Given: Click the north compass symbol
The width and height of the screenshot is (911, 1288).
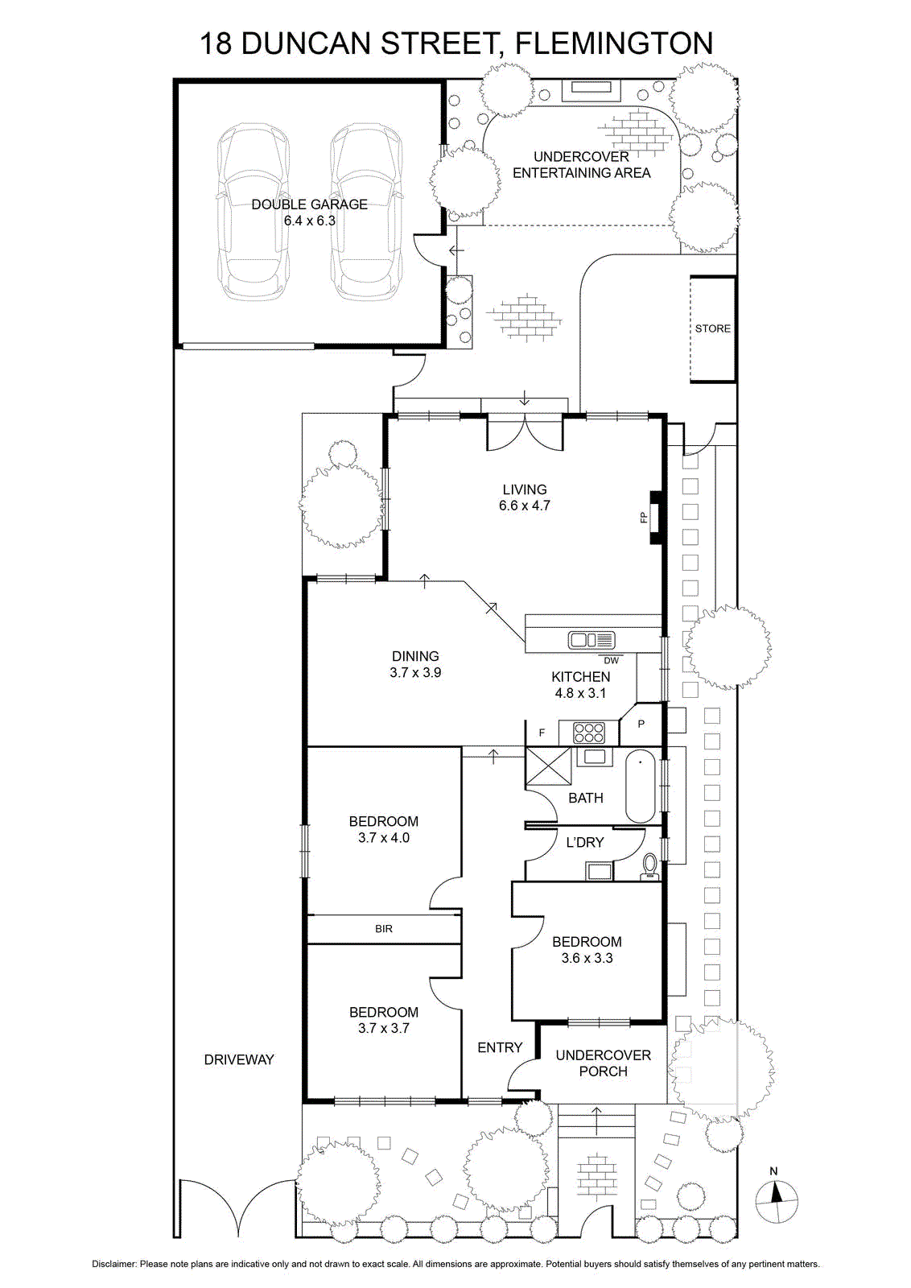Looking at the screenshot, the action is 777,1201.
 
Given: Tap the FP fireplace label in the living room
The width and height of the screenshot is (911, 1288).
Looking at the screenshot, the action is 643,518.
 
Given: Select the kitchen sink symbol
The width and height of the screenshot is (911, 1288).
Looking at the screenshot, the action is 591,640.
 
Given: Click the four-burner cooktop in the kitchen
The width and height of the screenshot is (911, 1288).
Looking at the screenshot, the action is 589,733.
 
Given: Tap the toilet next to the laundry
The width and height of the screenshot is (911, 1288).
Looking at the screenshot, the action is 650,866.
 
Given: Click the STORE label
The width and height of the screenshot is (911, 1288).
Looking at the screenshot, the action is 713,328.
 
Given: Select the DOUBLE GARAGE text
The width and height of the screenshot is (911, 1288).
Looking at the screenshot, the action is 309,204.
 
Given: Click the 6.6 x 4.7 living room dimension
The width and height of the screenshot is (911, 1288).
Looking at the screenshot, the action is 524,506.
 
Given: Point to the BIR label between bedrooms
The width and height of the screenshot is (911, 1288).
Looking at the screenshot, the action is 383,929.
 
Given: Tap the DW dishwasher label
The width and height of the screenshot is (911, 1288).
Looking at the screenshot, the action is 611,661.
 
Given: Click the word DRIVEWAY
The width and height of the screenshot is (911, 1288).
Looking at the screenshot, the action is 239,1059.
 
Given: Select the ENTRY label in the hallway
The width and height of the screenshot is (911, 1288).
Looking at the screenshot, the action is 500,1047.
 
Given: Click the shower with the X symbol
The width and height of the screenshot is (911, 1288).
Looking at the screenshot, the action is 548,766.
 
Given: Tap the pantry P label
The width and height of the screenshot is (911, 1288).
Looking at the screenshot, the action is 641,724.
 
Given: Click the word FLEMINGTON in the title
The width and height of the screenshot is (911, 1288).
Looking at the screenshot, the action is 614,43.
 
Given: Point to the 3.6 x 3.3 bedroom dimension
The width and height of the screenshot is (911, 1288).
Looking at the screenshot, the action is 587,958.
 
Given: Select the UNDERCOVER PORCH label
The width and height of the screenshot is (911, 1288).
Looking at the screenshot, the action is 603,1063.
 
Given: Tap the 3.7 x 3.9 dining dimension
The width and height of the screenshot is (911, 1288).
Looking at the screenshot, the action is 415,672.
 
